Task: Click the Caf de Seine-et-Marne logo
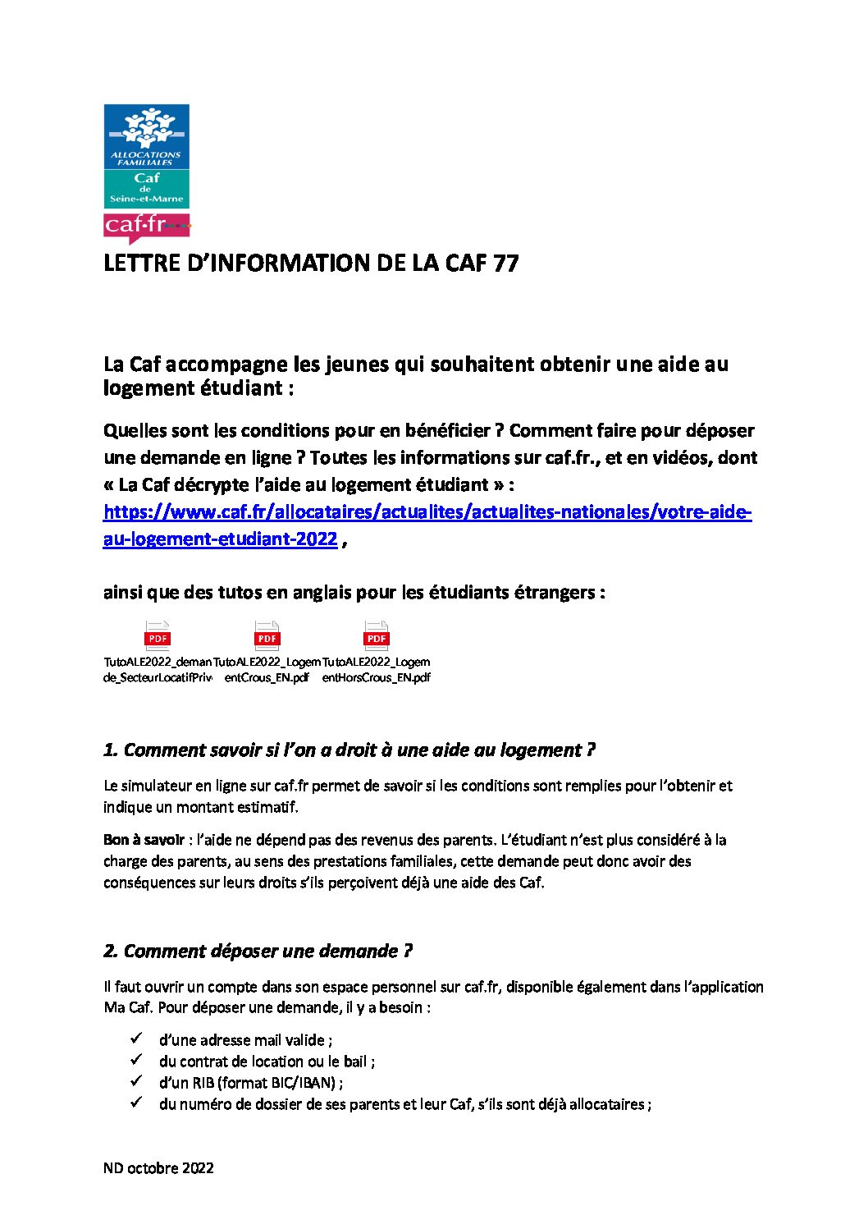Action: pyautogui.click(x=146, y=156)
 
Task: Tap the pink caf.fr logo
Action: pyautogui.click(x=146, y=225)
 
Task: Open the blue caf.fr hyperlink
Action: pyautogui.click(x=427, y=513)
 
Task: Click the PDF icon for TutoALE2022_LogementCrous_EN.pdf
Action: pyautogui.click(x=267, y=636)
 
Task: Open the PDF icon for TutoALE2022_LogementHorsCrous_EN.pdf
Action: pyautogui.click(x=376, y=636)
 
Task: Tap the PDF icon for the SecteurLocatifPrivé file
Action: pyautogui.click(x=158, y=636)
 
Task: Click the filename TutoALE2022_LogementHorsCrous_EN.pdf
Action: pyautogui.click(x=376, y=670)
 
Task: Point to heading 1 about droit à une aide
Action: pyautogui.click(x=349, y=750)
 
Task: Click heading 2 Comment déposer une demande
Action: pyautogui.click(x=258, y=952)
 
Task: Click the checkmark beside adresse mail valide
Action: pyautogui.click(x=137, y=1039)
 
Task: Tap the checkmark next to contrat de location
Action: pyautogui.click(x=137, y=1060)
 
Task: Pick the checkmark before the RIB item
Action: pyautogui.click(x=137, y=1081)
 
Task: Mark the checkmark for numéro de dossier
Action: pyautogui.click(x=137, y=1103)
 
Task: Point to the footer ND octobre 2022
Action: pyautogui.click(x=158, y=1168)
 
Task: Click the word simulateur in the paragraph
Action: pyautogui.click(x=156, y=786)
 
